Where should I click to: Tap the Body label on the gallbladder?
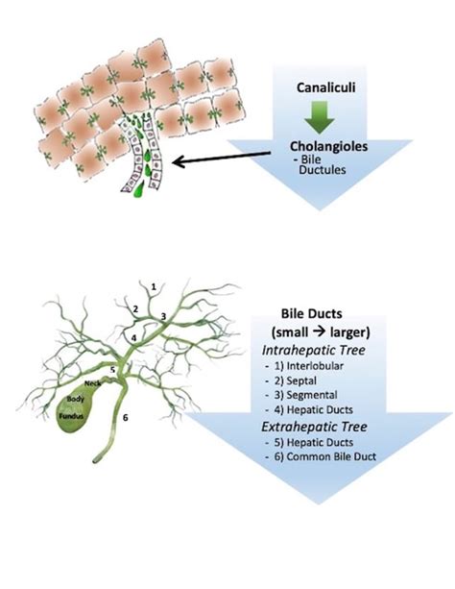click(x=72, y=397)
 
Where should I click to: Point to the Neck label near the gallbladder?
click(x=93, y=381)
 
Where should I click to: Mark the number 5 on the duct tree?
click(x=112, y=368)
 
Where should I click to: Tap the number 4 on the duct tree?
click(x=133, y=337)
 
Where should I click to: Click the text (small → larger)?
click(x=318, y=330)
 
